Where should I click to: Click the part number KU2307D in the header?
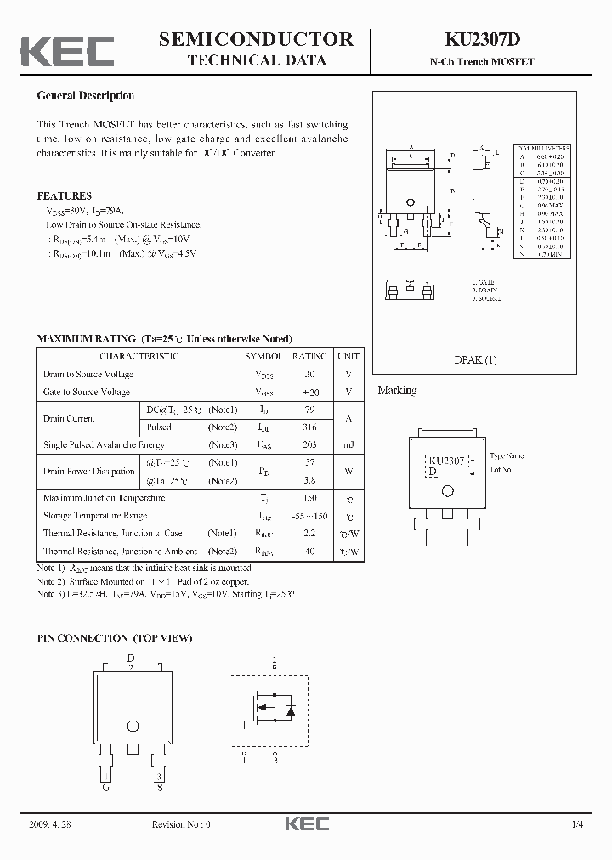(x=481, y=39)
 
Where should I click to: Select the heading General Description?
(x=86, y=96)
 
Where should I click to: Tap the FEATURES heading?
(x=64, y=195)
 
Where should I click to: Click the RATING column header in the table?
(x=309, y=356)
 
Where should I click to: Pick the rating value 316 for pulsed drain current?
(x=309, y=427)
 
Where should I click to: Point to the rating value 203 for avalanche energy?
(x=309, y=445)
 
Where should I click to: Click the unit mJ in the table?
(x=347, y=445)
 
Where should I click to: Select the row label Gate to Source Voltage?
(x=87, y=392)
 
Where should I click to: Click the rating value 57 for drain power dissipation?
(x=309, y=463)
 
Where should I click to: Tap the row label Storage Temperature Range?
(x=95, y=516)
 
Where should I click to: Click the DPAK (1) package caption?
(x=476, y=359)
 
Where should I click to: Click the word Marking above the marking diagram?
(x=397, y=391)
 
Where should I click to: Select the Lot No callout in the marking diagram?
(x=501, y=469)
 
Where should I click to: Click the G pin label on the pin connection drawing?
(x=106, y=787)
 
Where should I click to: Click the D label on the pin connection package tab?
(x=131, y=659)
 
